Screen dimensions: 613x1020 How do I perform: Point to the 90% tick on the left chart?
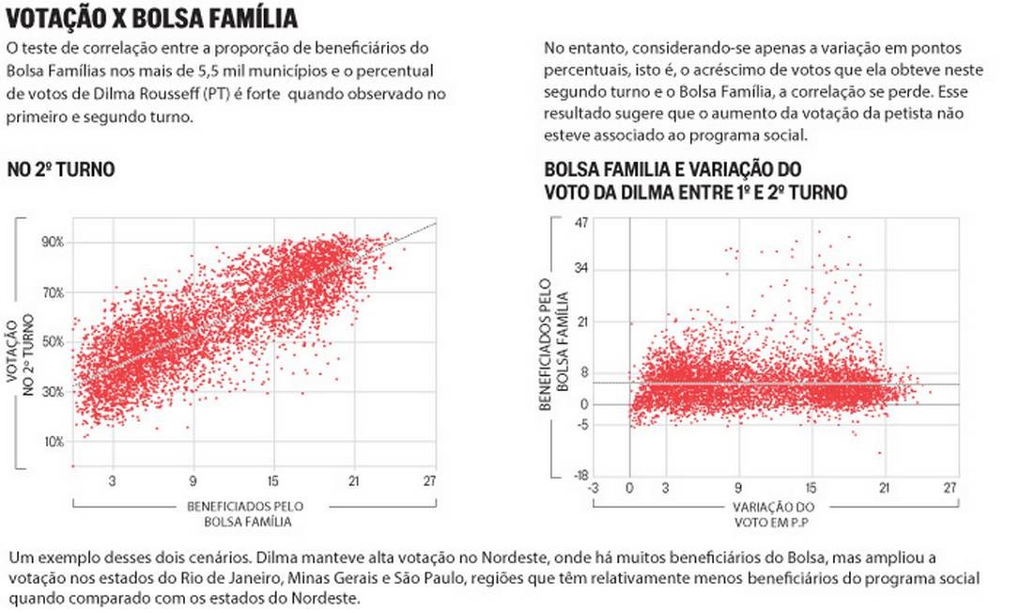(x=52, y=242)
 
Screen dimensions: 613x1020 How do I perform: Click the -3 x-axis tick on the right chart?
(x=592, y=488)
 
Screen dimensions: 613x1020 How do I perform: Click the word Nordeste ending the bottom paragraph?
(x=332, y=599)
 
